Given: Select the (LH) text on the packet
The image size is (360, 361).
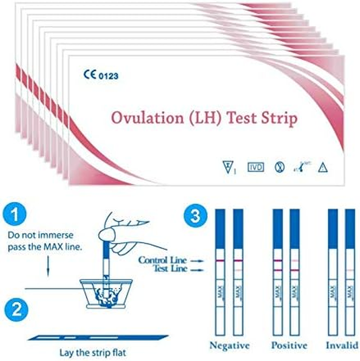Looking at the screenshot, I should tap(202, 119).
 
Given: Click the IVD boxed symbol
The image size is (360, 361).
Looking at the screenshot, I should tap(256, 167).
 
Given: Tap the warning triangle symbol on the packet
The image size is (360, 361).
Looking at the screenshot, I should tap(323, 168).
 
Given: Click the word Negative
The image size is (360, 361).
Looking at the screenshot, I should tap(229, 346).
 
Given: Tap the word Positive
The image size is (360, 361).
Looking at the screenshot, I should tap(289, 346).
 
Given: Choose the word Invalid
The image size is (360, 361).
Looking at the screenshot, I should tap(342, 346).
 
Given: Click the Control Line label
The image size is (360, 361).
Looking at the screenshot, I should tap(162, 260).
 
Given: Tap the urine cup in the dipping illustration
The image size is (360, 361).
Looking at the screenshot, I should tap(106, 292).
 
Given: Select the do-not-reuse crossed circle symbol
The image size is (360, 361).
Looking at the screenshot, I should tap(279, 167).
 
